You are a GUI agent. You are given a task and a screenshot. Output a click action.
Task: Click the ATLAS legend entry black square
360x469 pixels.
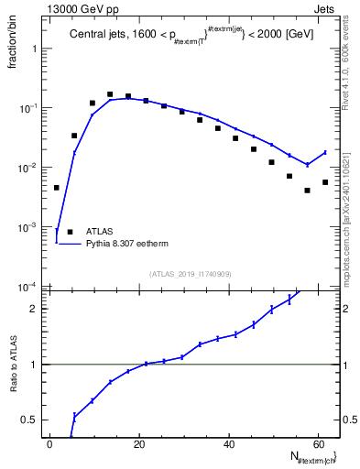click(x=70, y=232)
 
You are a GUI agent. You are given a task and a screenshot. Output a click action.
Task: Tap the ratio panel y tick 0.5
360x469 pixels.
click(x=31, y=420)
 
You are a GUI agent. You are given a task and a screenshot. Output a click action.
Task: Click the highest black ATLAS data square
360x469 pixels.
click(x=110, y=94)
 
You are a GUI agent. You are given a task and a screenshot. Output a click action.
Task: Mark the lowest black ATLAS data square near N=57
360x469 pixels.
click(x=308, y=191)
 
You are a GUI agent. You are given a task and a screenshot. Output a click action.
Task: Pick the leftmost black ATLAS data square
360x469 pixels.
click(x=57, y=188)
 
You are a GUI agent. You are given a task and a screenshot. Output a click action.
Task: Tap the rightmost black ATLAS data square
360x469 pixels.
click(x=325, y=182)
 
